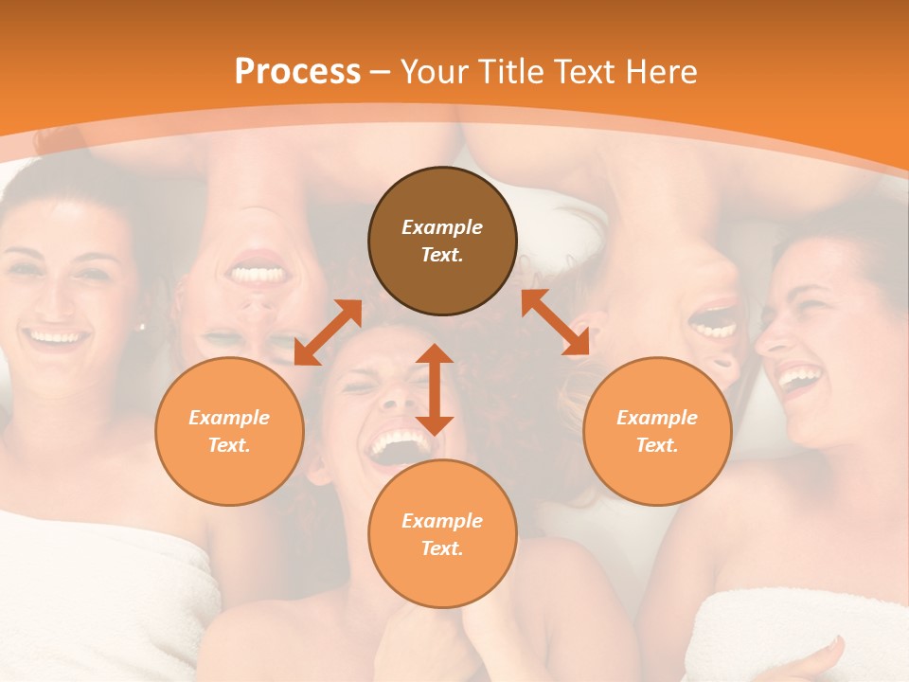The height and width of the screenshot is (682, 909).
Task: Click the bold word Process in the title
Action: [297, 72]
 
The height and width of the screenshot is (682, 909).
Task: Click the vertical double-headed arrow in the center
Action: [435, 389]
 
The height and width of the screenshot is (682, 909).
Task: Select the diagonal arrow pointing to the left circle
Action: [328, 332]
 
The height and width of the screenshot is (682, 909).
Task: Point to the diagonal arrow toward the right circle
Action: [555, 322]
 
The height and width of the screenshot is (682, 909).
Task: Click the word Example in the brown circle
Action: [442, 227]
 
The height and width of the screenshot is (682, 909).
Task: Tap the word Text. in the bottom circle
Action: [442, 548]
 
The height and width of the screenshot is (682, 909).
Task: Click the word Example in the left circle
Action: [229, 418]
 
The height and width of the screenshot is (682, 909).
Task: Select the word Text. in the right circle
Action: [657, 445]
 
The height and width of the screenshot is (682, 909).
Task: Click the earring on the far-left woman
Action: [143, 327]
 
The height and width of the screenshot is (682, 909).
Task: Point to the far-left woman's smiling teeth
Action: [55, 336]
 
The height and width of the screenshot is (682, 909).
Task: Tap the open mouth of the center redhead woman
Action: [398, 445]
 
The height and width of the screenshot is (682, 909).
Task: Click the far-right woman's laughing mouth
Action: [798, 379]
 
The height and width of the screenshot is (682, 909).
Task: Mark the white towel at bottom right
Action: [786, 630]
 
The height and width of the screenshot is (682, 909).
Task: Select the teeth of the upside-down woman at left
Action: [258, 274]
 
